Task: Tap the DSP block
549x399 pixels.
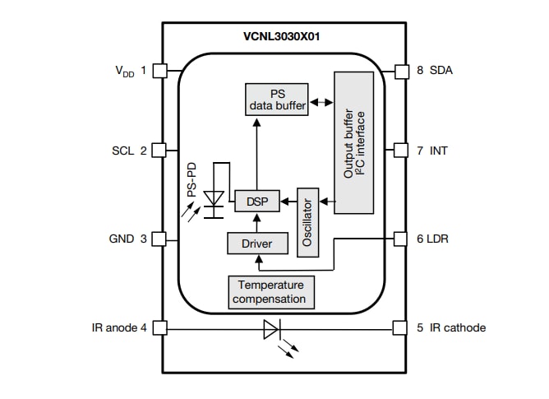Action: (256, 201)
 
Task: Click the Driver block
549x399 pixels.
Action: (257, 244)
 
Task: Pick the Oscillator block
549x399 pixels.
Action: (307, 221)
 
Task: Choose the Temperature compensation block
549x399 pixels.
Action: (270, 292)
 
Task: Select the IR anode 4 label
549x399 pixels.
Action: (120, 327)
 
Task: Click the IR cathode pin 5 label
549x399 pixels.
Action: (451, 327)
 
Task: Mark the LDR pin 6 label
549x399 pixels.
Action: (433, 239)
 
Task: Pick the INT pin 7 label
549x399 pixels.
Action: (432, 151)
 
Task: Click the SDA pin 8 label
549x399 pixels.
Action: (435, 71)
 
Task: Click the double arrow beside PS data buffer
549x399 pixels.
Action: (321, 104)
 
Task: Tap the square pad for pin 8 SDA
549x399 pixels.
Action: (401, 71)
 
